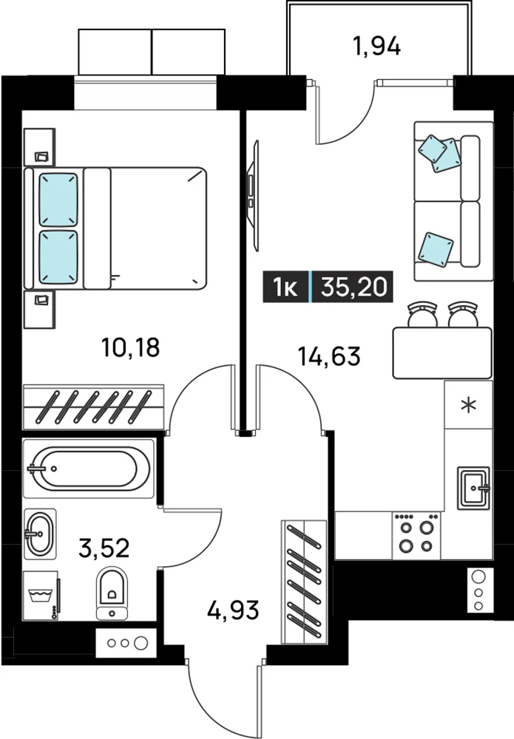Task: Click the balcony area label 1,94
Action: coord(376,47)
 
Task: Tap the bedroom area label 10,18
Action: coord(131,347)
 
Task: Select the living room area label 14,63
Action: coord(329,356)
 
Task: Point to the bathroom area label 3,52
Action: coord(104,548)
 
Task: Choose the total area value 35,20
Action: coord(354,287)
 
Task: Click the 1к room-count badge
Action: coord(285,287)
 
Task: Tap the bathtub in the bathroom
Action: coord(89,469)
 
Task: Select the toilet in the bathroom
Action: coord(112,593)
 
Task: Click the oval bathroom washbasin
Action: coord(40,534)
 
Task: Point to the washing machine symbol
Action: coord(41,596)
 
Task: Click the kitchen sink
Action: coord(473,488)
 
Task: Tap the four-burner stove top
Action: coord(416,535)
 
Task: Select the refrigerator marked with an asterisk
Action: coord(468,405)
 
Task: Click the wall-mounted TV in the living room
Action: coord(253,196)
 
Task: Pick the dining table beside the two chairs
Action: coord(442,353)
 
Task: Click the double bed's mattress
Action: coord(145,228)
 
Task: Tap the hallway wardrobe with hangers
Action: coord(304,582)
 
